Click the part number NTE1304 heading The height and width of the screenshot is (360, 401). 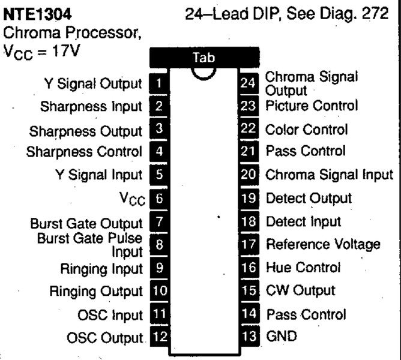click(x=37, y=14)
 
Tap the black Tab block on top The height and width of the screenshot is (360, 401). click(x=204, y=58)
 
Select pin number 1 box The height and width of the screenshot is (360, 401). click(x=159, y=83)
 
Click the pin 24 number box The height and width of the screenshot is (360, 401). click(x=248, y=83)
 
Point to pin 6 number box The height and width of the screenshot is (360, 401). click(x=159, y=199)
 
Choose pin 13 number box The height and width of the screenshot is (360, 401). click(x=249, y=336)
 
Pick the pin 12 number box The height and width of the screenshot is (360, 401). click(x=160, y=337)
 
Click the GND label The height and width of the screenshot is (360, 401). click(x=282, y=336)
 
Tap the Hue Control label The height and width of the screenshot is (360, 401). click(x=303, y=268)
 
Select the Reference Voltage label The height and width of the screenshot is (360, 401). click(x=323, y=244)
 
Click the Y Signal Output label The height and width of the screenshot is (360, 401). click(x=93, y=84)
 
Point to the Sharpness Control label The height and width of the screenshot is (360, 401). click(x=84, y=152)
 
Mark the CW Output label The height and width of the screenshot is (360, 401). click(x=301, y=291)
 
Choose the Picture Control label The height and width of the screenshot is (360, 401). click(x=312, y=106)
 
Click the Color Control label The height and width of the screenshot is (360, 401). click(x=306, y=130)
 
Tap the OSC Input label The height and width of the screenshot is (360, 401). click(x=110, y=315)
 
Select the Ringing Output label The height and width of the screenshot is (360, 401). click(x=96, y=292)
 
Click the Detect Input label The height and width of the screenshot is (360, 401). click(x=304, y=221)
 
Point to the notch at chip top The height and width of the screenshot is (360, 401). click(x=204, y=74)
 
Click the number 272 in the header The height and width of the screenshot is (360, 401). click(x=375, y=13)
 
